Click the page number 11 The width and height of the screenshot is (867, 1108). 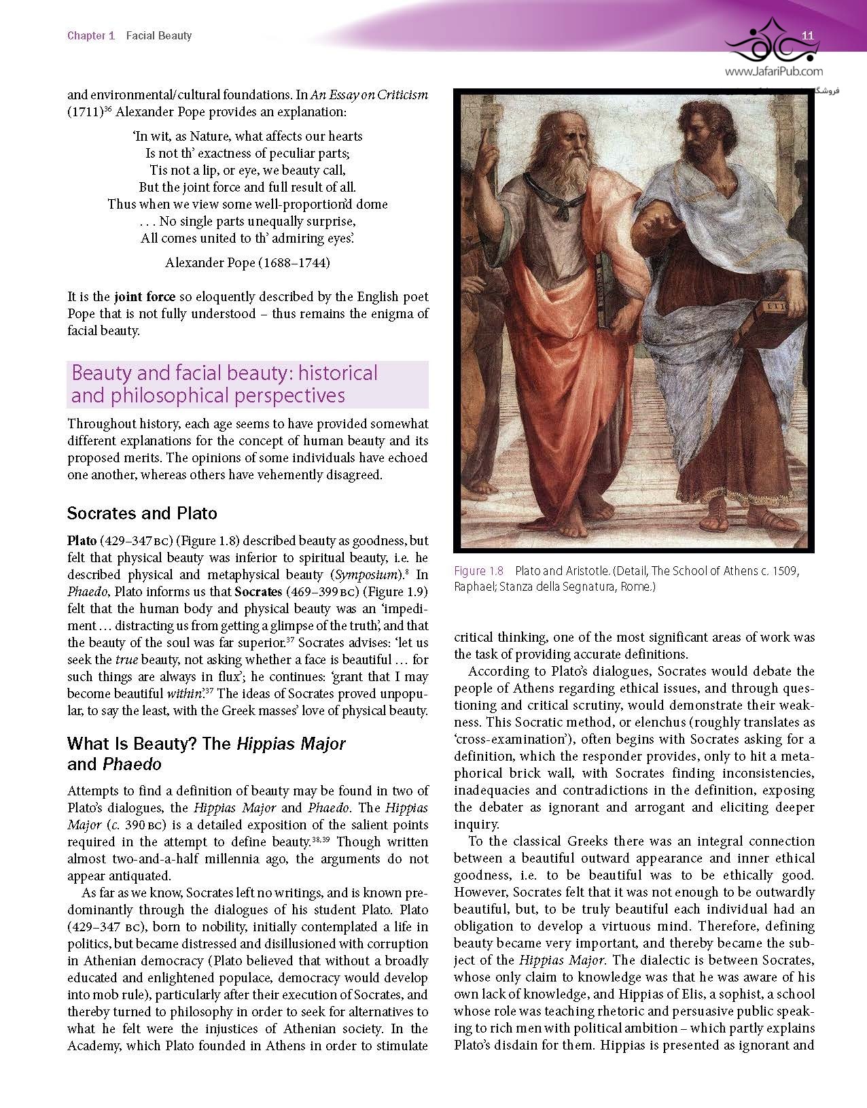(808, 35)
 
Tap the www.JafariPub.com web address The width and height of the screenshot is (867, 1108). (773, 71)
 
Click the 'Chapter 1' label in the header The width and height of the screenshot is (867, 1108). (91, 35)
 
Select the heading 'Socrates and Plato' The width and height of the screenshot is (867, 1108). (142, 513)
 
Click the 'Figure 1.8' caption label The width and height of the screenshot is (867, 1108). (478, 571)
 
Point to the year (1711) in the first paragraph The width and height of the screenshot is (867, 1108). (85, 112)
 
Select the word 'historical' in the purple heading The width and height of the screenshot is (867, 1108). (338, 373)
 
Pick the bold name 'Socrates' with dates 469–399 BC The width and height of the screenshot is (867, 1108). (258, 592)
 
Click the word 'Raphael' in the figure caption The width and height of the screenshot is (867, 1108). (474, 587)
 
